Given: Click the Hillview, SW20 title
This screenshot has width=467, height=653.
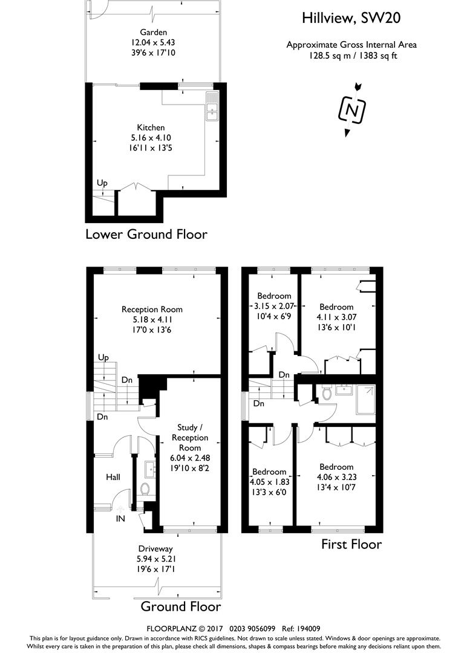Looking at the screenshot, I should (351, 19).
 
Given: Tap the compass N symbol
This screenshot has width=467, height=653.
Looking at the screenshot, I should (352, 110).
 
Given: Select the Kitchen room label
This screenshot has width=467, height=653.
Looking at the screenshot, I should (151, 128).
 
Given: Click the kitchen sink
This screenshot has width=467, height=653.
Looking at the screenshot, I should (211, 106).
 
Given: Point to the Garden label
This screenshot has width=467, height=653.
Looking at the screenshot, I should (153, 32).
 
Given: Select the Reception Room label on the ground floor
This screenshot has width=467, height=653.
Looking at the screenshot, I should (152, 309).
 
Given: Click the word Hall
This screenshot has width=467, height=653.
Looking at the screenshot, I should (113, 477).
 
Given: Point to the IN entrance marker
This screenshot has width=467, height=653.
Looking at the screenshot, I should (120, 518).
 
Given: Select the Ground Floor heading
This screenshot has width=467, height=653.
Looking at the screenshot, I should (180, 606).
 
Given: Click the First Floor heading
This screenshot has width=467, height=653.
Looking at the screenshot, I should (351, 544).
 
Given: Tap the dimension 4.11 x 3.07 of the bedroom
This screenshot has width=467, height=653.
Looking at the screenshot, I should (336, 316).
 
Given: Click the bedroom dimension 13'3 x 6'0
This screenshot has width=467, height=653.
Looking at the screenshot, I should (269, 492).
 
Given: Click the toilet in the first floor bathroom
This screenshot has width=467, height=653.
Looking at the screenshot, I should (327, 394).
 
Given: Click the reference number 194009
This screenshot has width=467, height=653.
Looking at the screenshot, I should (307, 628).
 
